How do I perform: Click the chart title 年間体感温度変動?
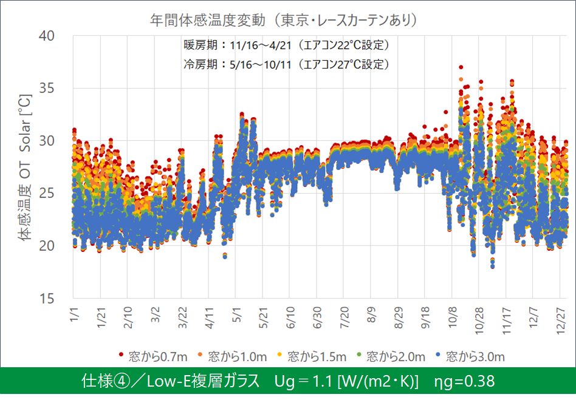tap(284, 20)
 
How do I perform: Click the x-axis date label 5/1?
tap(237, 316)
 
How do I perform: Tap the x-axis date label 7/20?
tap(342, 318)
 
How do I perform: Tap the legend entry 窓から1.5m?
tap(314, 356)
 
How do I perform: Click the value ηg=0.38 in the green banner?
tap(465, 381)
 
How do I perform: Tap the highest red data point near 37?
tap(461, 67)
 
